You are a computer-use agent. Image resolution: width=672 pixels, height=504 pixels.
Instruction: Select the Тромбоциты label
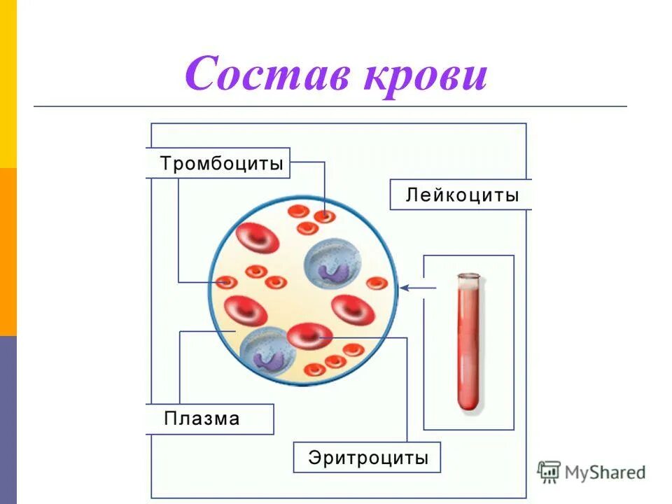(222, 164)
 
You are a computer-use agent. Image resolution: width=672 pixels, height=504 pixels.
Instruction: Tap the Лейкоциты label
(462, 195)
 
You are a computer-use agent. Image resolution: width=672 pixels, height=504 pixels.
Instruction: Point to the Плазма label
(202, 419)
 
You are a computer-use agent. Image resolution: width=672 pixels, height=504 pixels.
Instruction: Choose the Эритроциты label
(367, 458)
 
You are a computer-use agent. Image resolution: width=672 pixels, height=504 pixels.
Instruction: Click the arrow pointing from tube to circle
(417, 287)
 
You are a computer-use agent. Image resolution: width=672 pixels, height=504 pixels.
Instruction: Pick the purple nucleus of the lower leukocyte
(267, 358)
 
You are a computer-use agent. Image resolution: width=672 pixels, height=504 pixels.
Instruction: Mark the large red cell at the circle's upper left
(257, 239)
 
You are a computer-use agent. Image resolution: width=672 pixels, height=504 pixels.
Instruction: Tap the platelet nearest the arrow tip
(377, 283)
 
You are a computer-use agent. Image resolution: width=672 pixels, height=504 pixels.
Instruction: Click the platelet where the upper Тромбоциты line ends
(324, 216)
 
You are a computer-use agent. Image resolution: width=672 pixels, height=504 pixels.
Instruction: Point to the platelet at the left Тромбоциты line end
(227, 282)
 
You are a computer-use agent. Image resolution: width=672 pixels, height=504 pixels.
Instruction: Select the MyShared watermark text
(605, 473)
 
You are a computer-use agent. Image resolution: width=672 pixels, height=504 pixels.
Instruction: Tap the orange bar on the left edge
(8, 252)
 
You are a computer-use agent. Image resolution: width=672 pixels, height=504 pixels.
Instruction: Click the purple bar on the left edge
(8, 420)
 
